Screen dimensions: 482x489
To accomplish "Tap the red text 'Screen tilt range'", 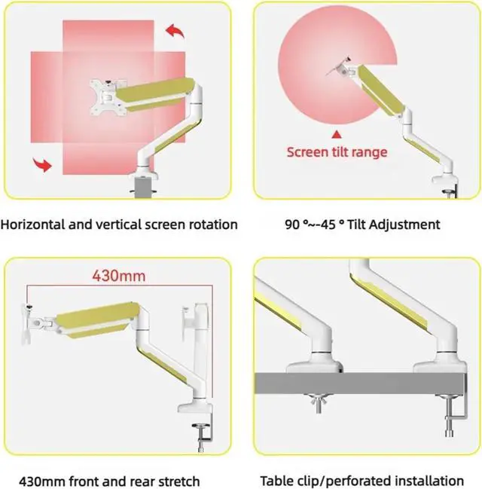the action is tap(337, 152).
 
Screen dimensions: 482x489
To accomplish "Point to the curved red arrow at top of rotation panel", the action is tap(175, 31).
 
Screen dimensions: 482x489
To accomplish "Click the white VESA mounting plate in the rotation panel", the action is tap(103, 96).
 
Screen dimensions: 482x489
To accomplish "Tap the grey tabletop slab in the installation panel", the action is tap(361, 387).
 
